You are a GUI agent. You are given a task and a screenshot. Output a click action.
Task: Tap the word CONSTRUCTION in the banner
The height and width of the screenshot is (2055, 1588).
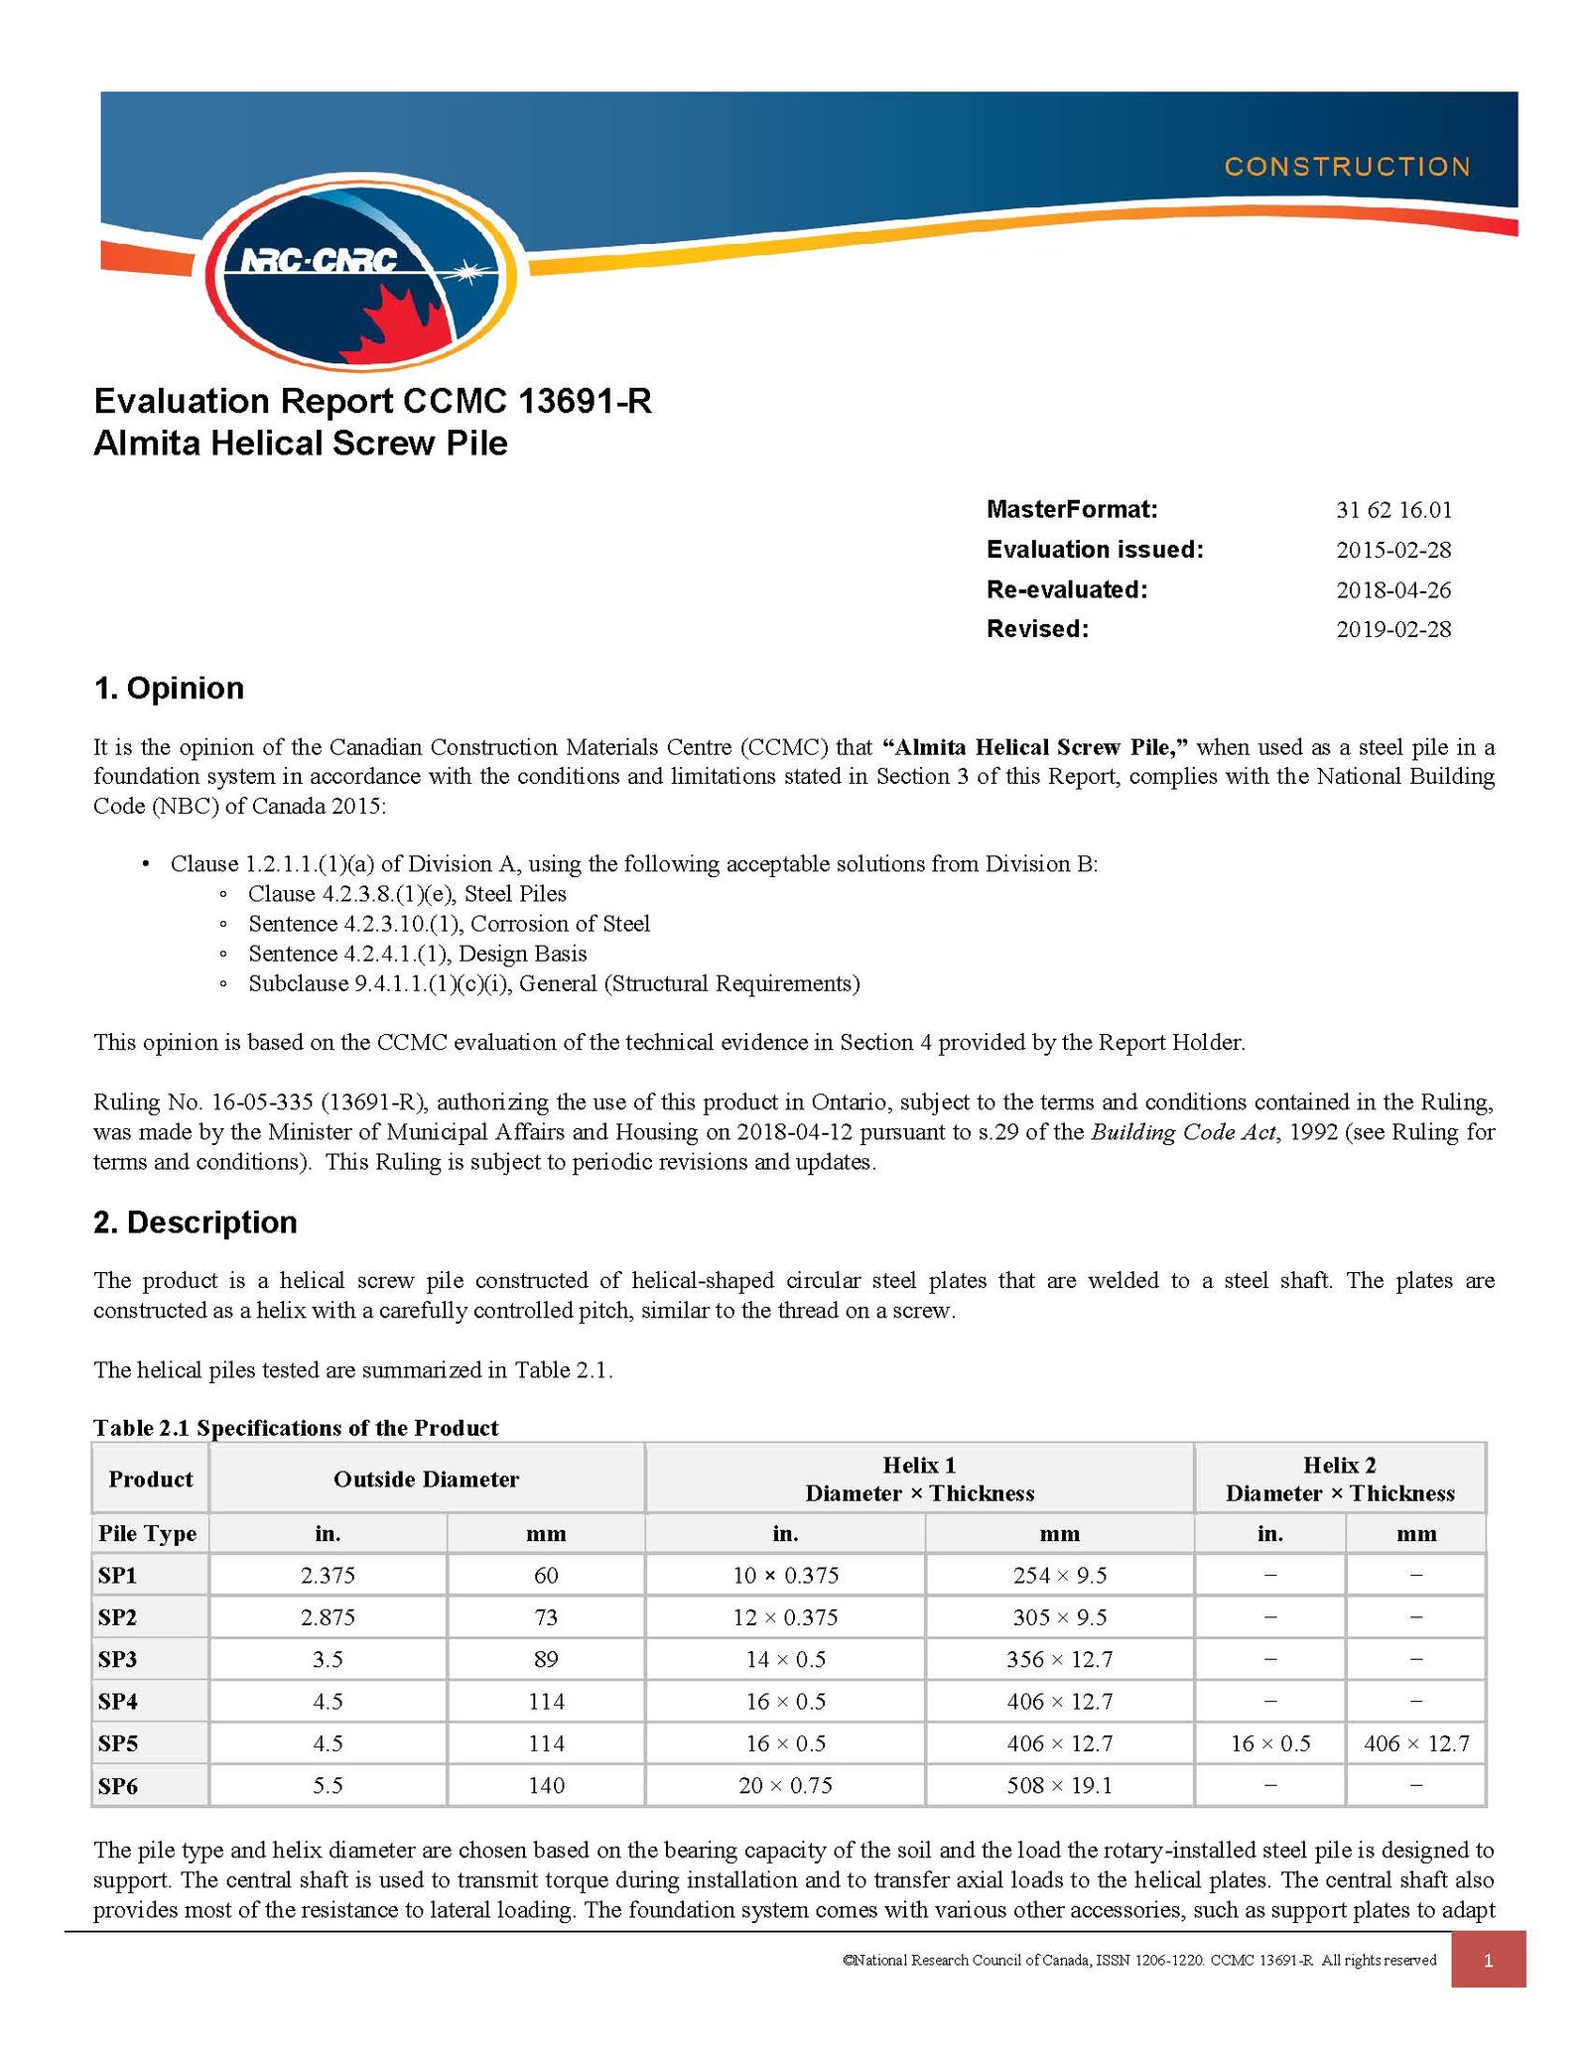pyautogui.click(x=1346, y=167)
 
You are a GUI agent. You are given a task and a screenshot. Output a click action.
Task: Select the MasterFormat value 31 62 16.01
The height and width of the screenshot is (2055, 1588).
pyautogui.click(x=1392, y=510)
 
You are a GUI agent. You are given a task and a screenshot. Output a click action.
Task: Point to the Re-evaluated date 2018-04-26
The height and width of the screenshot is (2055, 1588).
pyautogui.click(x=1392, y=590)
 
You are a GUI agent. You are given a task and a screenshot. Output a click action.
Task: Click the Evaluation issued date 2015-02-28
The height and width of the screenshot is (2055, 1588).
pyautogui.click(x=1392, y=550)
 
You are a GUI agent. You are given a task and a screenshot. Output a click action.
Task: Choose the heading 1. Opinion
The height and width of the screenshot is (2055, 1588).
pyautogui.click(x=169, y=688)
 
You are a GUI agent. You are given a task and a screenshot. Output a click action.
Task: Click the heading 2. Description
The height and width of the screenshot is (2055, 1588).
pyautogui.click(x=196, y=1221)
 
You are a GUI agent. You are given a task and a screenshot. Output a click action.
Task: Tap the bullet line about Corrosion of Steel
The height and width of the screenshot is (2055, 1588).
pyautogui.click(x=449, y=924)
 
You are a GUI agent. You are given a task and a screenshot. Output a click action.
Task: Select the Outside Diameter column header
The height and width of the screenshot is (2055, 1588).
pyautogui.click(x=426, y=1479)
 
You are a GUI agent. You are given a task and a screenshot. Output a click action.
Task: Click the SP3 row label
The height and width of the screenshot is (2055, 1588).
pyautogui.click(x=117, y=1659)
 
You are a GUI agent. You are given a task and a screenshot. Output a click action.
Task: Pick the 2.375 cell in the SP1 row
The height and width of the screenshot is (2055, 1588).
pyautogui.click(x=328, y=1575)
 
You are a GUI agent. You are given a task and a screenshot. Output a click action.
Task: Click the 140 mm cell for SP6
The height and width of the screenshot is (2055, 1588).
pyautogui.click(x=546, y=1785)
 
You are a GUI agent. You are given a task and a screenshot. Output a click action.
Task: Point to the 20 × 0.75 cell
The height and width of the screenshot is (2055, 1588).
pyautogui.click(x=785, y=1785)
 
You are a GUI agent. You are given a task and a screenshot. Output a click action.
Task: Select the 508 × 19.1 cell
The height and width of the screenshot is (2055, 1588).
pyautogui.click(x=1059, y=1785)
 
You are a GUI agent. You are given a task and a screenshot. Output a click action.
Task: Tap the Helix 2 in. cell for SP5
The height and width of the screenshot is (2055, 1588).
pyautogui.click(x=1269, y=1743)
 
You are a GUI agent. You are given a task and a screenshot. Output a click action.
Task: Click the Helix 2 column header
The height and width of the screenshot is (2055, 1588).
pyautogui.click(x=1339, y=1478)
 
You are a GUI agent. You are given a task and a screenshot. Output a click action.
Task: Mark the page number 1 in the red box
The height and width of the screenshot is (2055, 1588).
pyautogui.click(x=1487, y=1960)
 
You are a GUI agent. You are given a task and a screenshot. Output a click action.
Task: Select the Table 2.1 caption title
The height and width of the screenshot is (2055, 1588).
pyautogui.click(x=296, y=1428)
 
